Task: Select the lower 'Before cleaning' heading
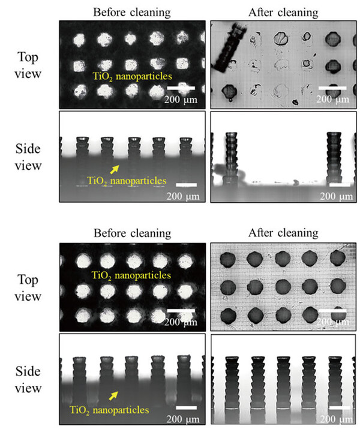[132, 232]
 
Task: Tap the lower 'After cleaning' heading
[283, 232]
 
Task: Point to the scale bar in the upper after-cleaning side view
[338, 185]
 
